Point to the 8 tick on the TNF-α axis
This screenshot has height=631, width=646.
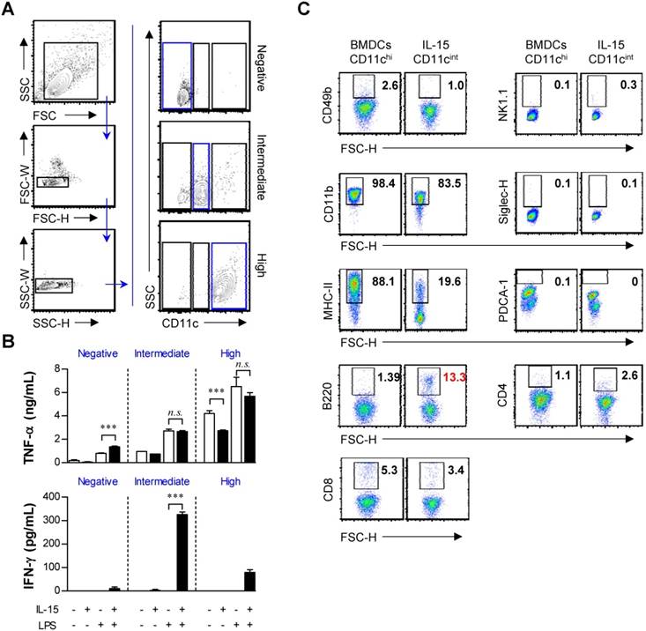(41, 368)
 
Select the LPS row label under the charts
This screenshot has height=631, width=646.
(20, 622)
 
